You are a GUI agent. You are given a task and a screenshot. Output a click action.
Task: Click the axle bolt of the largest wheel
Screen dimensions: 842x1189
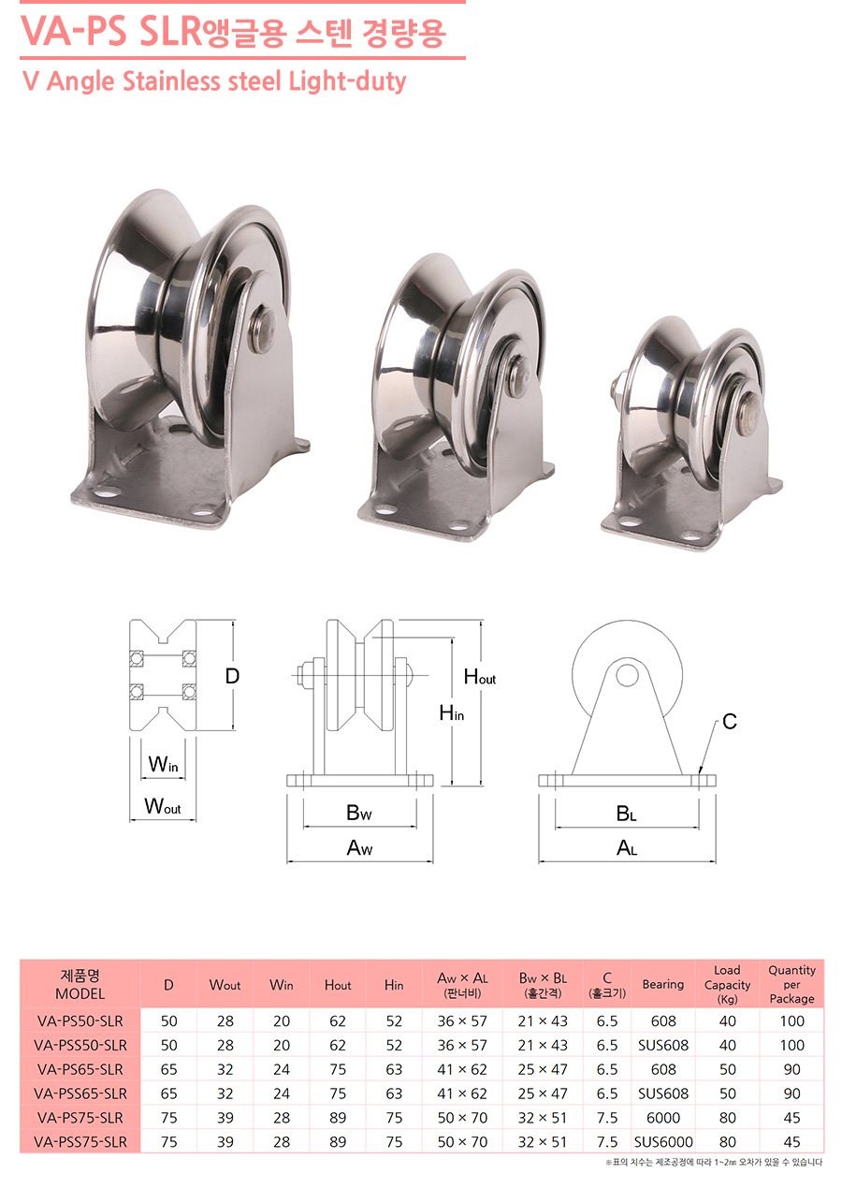pyautogui.click(x=263, y=330)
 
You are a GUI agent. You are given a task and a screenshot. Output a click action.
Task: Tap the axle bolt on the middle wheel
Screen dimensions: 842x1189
pyautogui.click(x=513, y=374)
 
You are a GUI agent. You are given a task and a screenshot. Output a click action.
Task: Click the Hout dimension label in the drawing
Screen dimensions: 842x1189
pyautogui.click(x=480, y=677)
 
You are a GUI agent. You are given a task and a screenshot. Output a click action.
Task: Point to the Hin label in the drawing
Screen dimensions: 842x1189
pyautogui.click(x=452, y=712)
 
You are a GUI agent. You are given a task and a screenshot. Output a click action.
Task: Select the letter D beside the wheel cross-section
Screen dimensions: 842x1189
pyautogui.click(x=232, y=676)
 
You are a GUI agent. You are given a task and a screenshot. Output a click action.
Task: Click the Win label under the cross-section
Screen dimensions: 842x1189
pyautogui.click(x=163, y=764)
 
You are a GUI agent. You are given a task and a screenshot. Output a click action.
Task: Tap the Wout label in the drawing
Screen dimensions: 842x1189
pyautogui.click(x=163, y=806)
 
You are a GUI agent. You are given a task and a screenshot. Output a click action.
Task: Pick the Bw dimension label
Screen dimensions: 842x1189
pyautogui.click(x=359, y=813)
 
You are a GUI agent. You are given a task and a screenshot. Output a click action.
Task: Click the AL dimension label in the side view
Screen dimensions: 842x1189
pyautogui.click(x=627, y=847)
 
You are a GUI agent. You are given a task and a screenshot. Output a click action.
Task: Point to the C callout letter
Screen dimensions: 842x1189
pyautogui.click(x=730, y=722)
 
